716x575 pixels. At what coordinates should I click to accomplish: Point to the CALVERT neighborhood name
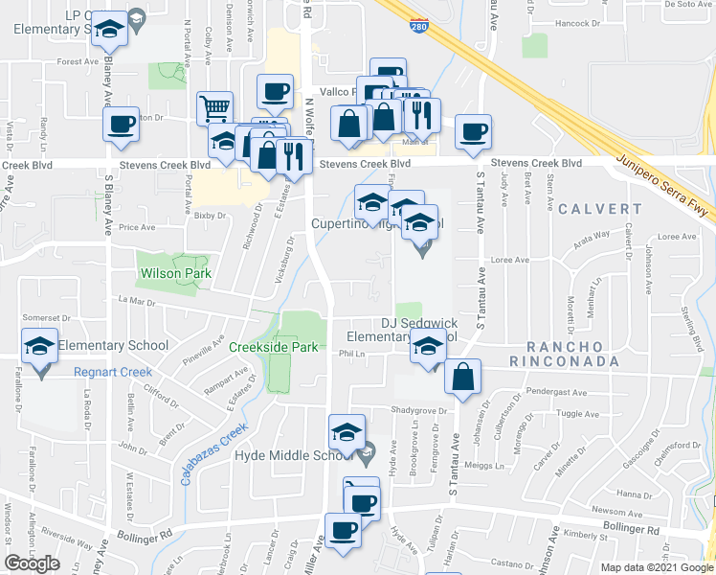click(x=602, y=208)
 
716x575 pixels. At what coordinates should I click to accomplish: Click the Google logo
click(x=32, y=563)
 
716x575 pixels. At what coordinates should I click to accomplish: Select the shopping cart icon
click(x=215, y=107)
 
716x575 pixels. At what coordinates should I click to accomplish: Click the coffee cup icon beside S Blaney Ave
click(x=122, y=126)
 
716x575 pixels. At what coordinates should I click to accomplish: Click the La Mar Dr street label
click(x=137, y=300)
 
